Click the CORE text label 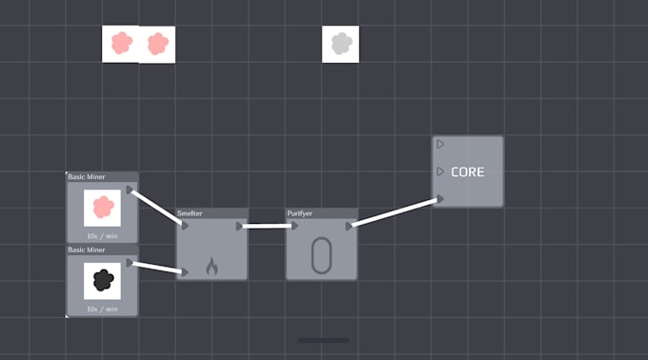[x=467, y=172]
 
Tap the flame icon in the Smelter [x=212, y=266]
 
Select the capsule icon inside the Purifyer [x=322, y=256]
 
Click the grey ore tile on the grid [x=340, y=44]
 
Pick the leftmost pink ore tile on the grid [x=121, y=43]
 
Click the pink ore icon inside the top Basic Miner [x=102, y=207]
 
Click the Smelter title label [x=190, y=213]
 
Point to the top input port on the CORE [x=440, y=144]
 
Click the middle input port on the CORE [x=440, y=171]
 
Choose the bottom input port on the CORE [x=440, y=199]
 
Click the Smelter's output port [x=240, y=226]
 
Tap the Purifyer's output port [x=350, y=226]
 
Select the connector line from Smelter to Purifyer [x=267, y=226]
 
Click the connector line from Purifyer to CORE [x=395, y=212]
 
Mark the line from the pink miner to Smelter [x=155, y=207]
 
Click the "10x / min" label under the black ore [x=102, y=309]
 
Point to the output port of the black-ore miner [x=130, y=263]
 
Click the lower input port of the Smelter [x=185, y=272]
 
